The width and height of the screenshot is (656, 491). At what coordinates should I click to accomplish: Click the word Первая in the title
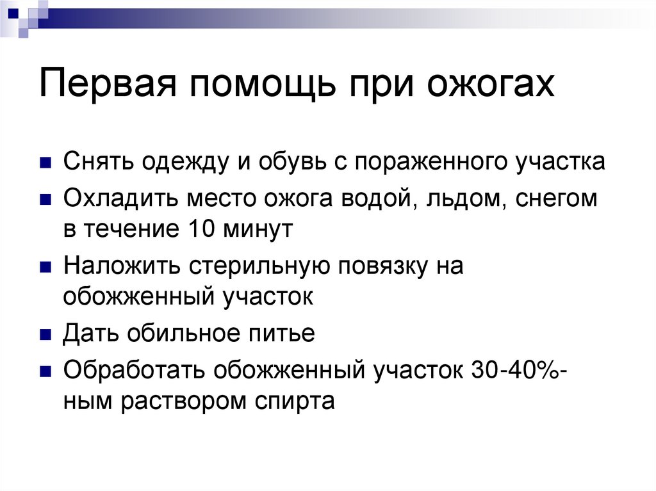(108, 83)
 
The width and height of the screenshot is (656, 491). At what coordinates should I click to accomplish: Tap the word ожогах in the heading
(491, 84)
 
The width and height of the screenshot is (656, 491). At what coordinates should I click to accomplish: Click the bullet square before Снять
(45, 162)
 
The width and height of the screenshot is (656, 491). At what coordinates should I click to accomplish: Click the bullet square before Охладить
(45, 199)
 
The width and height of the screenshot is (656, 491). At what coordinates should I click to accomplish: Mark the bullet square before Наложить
(45, 266)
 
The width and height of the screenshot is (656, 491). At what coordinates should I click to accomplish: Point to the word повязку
(383, 266)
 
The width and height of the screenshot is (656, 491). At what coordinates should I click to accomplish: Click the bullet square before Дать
(45, 334)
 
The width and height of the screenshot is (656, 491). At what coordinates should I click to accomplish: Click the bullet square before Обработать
(45, 371)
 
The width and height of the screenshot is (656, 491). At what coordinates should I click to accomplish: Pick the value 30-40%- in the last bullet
(519, 370)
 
